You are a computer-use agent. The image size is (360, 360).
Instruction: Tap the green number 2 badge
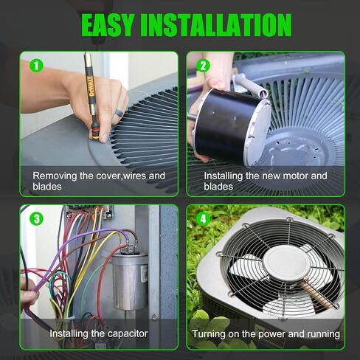click(203, 65)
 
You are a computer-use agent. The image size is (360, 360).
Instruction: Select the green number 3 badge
click(36, 218)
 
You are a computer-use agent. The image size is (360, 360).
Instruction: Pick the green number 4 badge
click(203, 218)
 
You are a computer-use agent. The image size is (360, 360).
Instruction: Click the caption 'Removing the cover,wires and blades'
click(98, 181)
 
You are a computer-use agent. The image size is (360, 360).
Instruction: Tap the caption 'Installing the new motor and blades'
click(265, 181)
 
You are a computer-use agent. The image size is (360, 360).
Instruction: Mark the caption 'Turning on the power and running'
click(266, 334)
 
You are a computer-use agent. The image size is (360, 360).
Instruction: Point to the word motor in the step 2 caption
click(291, 176)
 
